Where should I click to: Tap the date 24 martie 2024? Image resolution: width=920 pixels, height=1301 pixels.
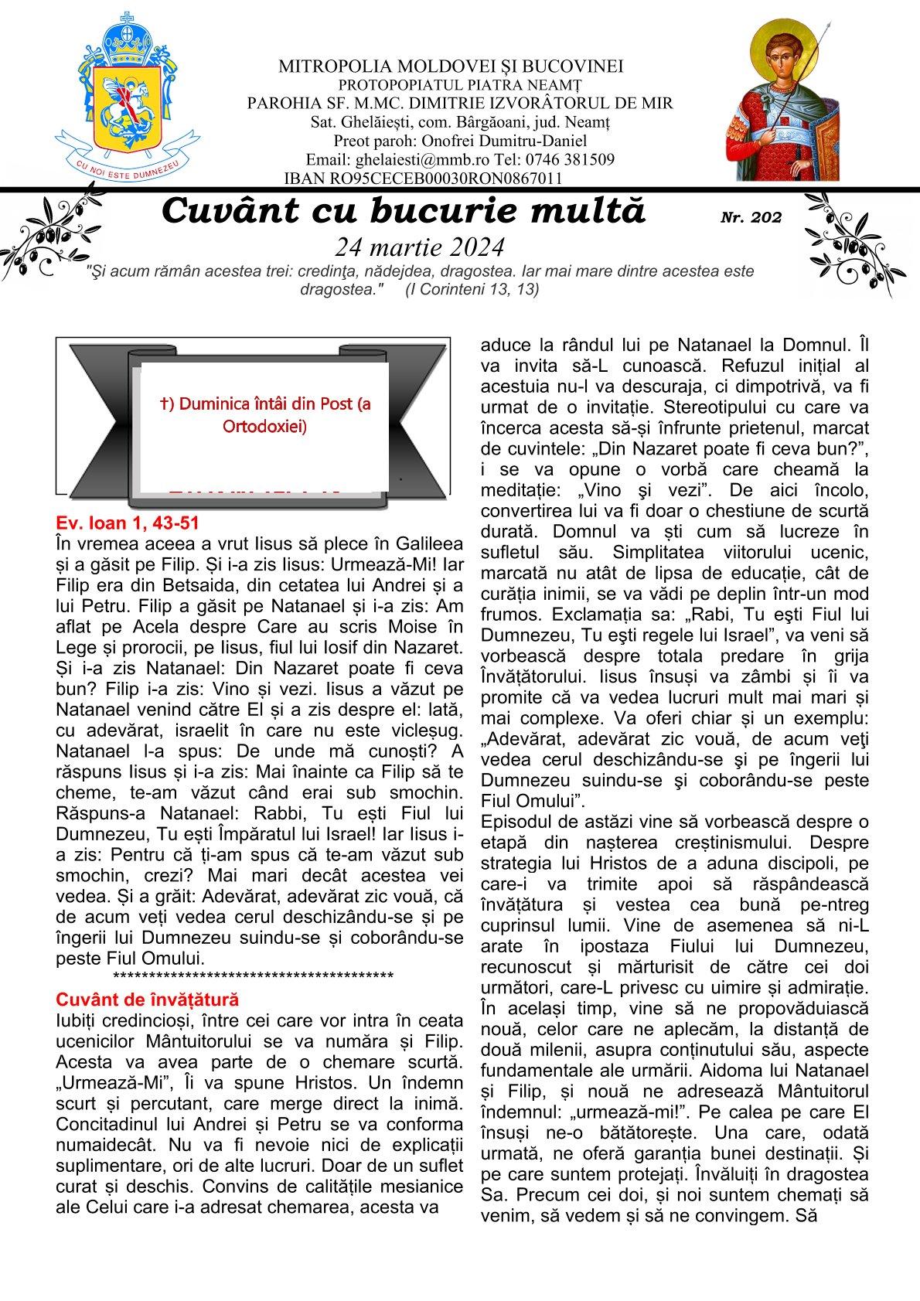click(419, 247)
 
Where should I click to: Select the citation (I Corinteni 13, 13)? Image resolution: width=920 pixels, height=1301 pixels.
click(472, 289)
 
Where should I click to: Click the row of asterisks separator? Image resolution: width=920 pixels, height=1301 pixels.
click(253, 976)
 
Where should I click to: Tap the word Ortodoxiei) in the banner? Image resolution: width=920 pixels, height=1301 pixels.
click(263, 426)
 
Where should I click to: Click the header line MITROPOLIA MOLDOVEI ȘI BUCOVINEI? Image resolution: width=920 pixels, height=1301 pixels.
click(451, 67)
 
